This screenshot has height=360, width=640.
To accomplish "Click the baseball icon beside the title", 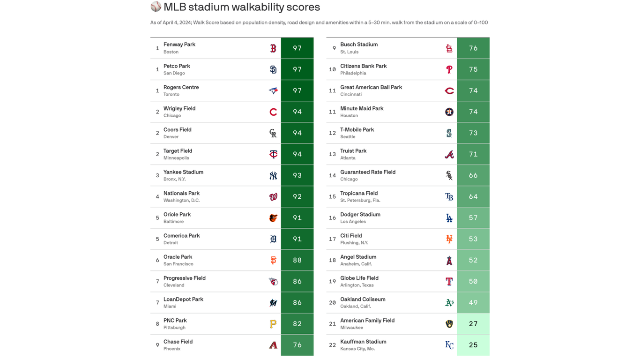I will point(156,7).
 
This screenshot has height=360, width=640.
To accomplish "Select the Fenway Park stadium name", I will point(179,45).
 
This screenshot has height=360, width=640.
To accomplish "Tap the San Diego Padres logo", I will point(273,69).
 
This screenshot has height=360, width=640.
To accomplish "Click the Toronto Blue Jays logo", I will point(273,90).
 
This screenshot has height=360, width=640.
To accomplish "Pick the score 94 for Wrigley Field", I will point(297,112).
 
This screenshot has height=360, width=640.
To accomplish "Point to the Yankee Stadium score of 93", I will point(297,175).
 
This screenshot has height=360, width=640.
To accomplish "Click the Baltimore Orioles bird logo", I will point(273,218).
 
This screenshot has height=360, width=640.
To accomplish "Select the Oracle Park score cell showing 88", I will point(297,260).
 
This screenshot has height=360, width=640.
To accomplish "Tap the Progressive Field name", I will point(185,278).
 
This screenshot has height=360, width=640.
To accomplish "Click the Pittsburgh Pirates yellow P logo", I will point(273,324).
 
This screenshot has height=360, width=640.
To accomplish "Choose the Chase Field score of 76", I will point(297,345).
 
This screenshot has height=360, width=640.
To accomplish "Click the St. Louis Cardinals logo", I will point(449,48).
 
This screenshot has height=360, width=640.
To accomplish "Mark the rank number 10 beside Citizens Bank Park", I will point(332,69).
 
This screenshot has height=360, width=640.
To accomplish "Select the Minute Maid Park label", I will point(362,108).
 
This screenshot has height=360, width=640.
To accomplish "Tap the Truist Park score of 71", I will point(473,154).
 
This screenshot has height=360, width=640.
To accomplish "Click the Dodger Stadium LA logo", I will point(449,218).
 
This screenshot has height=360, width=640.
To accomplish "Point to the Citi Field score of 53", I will point(473,239).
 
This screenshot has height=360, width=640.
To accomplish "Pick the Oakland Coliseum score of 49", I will point(473,303).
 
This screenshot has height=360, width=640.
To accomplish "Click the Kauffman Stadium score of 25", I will point(473,345).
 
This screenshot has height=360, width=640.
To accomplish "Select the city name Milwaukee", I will point(351,328).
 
